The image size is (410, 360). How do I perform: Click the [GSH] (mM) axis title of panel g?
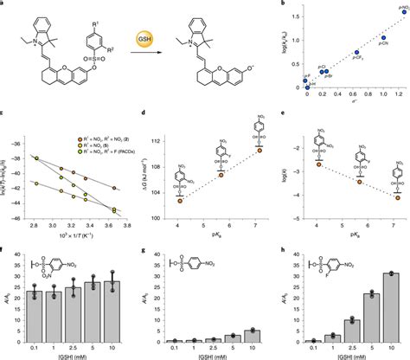pyautogui.click(x=210, y=355)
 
